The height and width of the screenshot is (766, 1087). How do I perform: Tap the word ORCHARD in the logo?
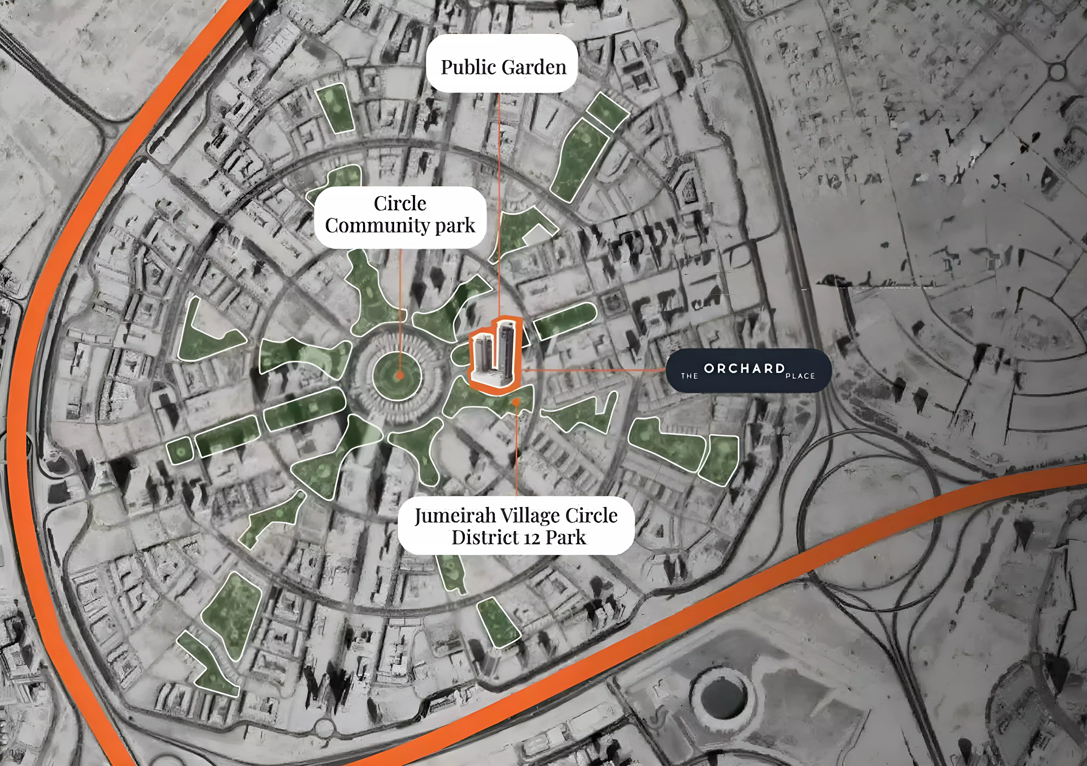(744, 368)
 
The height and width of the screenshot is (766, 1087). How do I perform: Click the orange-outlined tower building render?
(495, 353)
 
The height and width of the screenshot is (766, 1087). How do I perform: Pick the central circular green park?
(397, 374)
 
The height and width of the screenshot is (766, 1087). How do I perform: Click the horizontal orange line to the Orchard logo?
(592, 369)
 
